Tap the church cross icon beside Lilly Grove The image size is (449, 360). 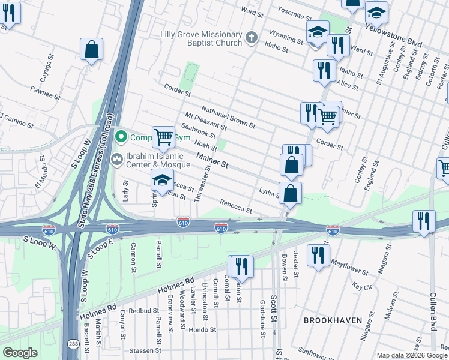point(252,40)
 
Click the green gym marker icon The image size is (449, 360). point(121,137)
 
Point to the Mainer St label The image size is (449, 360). point(212,160)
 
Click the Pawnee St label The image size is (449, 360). point(46,94)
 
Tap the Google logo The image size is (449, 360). point(20,353)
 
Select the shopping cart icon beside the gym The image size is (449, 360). point(163,136)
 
